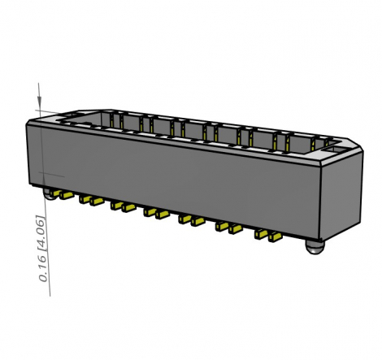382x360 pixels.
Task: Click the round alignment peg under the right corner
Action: (315, 245)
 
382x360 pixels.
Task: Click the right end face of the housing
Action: (341, 195)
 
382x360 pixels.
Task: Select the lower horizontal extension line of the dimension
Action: (50, 175)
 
